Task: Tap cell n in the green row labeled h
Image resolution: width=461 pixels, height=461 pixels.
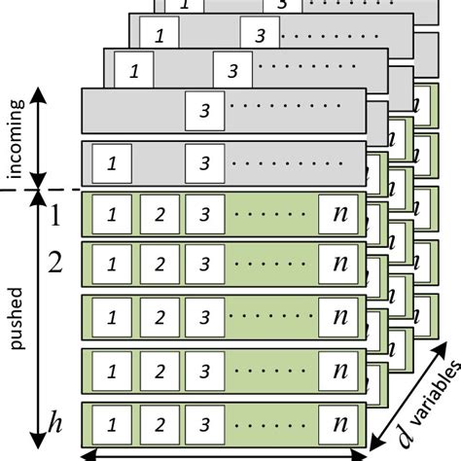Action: [x=337, y=424]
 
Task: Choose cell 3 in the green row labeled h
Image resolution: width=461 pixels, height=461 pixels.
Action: [x=201, y=424]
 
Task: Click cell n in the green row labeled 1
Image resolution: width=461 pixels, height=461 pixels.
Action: [x=337, y=213]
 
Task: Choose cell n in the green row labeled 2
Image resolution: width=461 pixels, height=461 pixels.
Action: [x=337, y=264]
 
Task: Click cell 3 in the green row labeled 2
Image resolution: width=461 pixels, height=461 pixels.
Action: [x=201, y=264]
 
